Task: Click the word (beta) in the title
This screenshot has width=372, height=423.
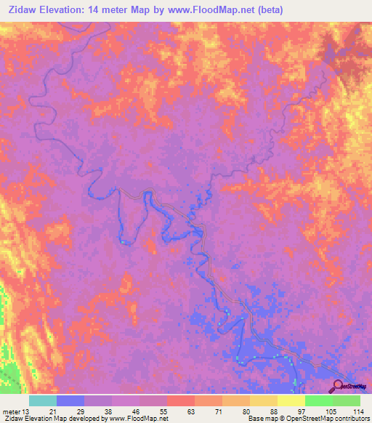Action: [267, 10]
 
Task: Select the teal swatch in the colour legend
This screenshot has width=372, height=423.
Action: [43, 400]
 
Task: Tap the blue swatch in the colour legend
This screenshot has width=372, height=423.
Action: [70, 400]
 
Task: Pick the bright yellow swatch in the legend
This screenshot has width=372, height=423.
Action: [291, 400]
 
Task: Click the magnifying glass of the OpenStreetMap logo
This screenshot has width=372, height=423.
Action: [339, 387]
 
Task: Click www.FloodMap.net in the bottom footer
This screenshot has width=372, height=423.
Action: [138, 419]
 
